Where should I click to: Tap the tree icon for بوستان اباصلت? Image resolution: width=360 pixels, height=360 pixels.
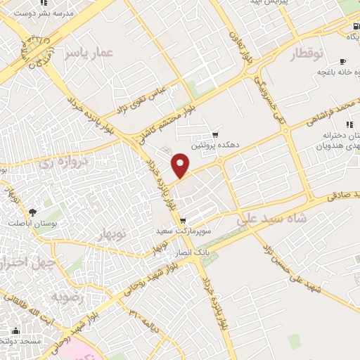tap(32, 212)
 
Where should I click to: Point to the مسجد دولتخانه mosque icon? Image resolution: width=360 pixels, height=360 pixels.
tap(15, 330)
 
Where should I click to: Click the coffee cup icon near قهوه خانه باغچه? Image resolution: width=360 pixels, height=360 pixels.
tap(342, 61)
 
